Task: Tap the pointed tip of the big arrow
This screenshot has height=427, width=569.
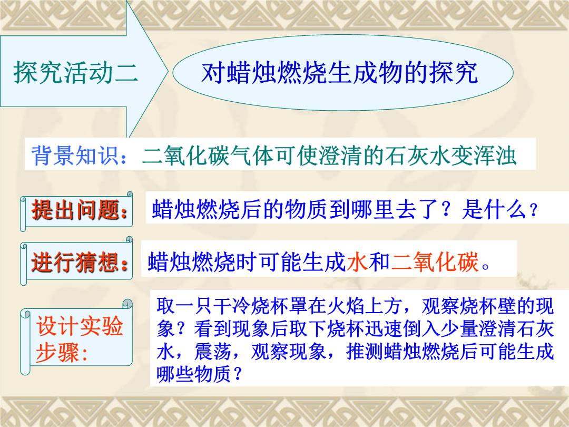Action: coord(168,71)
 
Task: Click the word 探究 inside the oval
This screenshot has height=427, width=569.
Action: coord(454,73)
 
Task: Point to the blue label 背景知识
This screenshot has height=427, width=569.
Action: coord(75,156)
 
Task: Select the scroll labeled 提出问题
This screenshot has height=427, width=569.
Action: coord(76,211)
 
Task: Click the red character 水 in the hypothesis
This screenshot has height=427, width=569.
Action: coord(357,262)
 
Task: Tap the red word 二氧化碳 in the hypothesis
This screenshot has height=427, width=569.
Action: coord(435,262)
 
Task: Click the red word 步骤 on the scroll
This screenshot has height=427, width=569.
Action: coord(57,352)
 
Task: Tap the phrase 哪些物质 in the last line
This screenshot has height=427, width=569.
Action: coord(194,374)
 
